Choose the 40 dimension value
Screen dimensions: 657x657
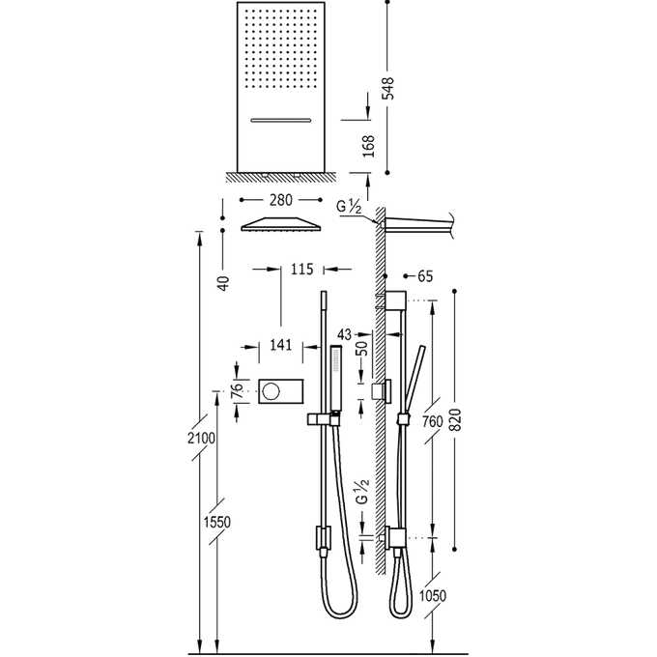(221, 283)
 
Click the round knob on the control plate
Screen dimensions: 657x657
(271, 390)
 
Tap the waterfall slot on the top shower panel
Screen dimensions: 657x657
(280, 120)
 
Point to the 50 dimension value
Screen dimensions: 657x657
(363, 348)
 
